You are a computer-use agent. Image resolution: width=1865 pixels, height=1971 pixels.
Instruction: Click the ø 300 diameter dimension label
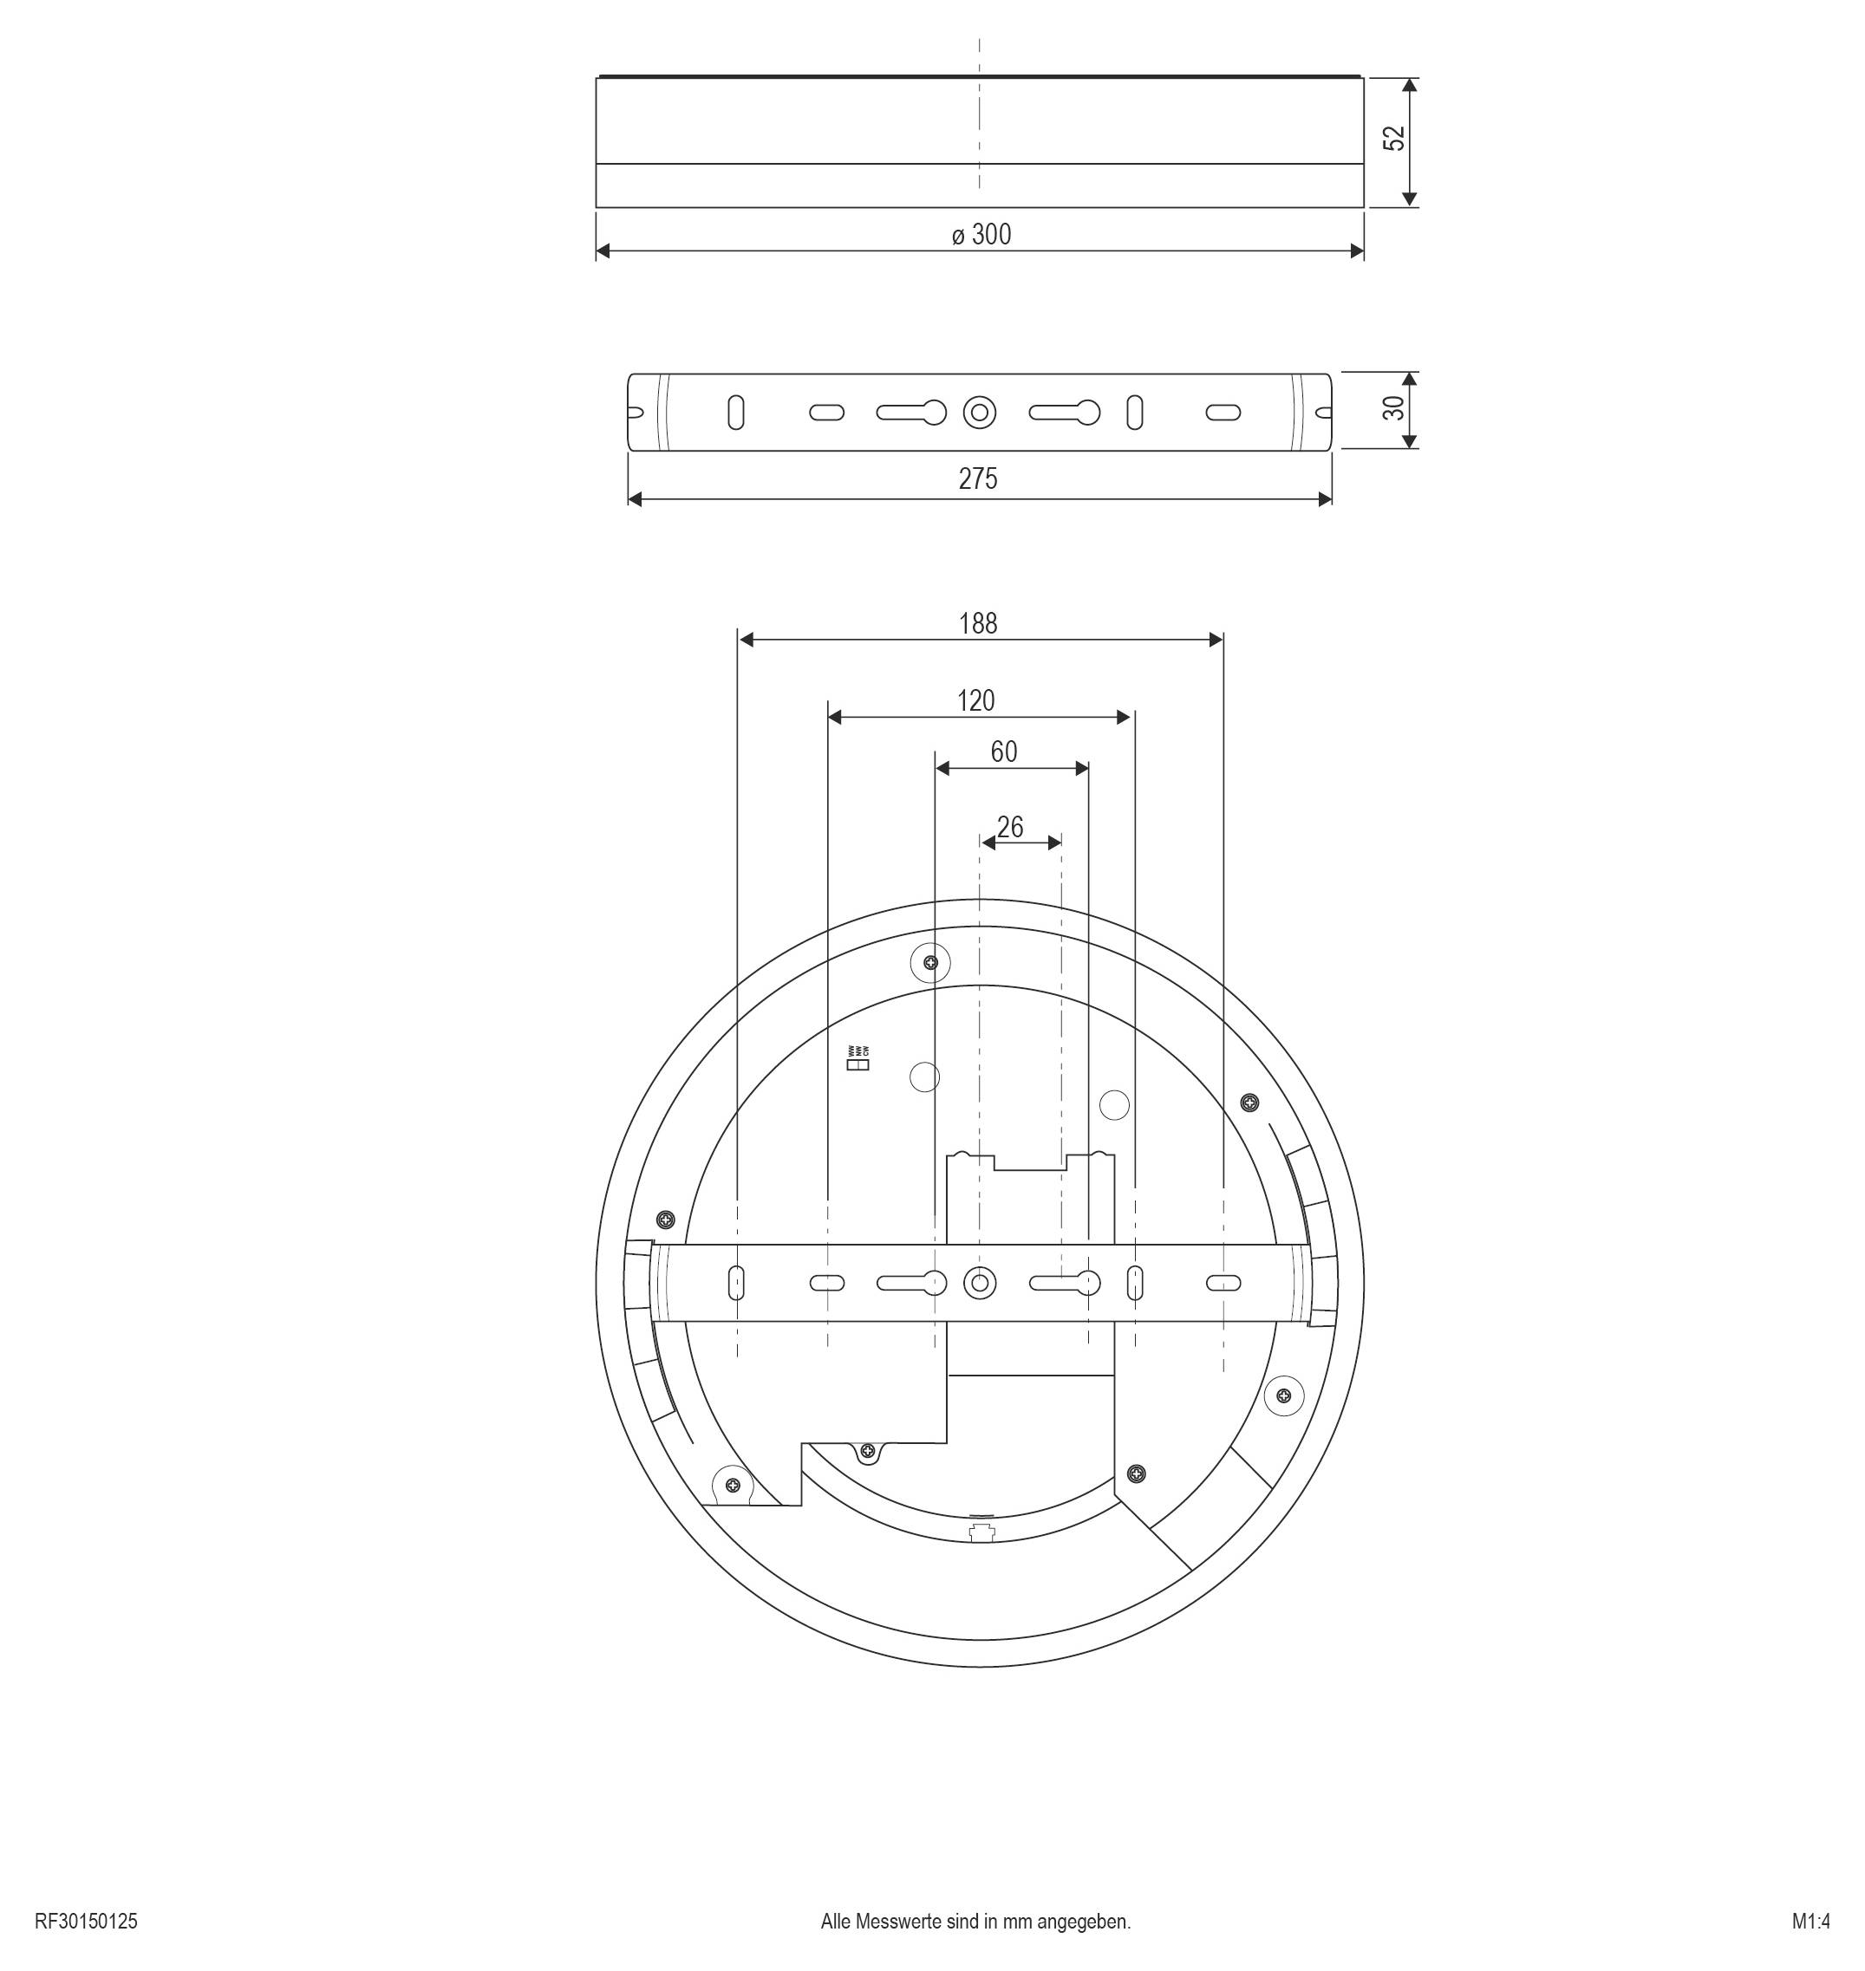[x=981, y=235]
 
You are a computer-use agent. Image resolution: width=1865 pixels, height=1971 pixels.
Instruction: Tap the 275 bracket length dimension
[x=978, y=479]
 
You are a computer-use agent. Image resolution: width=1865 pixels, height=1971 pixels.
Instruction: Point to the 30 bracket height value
[x=1394, y=408]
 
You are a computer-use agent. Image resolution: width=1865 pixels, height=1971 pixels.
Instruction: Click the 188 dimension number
[x=978, y=623]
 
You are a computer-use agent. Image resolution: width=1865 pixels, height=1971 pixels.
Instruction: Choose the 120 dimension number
[x=976, y=700]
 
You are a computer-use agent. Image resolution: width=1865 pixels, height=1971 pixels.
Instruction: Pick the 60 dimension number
[x=1004, y=751]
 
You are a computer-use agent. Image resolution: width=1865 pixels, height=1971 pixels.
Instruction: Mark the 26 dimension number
[x=1010, y=827]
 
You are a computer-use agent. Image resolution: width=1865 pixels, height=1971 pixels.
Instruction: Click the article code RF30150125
[x=87, y=1922]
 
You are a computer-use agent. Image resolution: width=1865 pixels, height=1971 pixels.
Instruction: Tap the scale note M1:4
[x=1810, y=1922]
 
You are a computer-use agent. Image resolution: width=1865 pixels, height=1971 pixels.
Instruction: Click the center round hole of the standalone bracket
[x=981, y=412]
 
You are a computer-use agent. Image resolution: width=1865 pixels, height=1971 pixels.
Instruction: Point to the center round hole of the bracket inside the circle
[x=981, y=1283]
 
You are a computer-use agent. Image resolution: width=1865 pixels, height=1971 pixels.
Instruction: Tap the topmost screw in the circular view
[x=930, y=962]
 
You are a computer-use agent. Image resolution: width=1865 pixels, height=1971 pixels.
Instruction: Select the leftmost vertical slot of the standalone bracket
[x=735, y=413]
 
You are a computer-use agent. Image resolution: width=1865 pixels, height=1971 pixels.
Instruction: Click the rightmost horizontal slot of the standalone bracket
[x=1223, y=412]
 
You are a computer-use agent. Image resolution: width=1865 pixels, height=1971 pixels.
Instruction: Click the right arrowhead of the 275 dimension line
[x=1325, y=499]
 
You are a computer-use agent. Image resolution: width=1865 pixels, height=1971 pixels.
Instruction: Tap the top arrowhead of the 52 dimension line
[x=1409, y=86]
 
